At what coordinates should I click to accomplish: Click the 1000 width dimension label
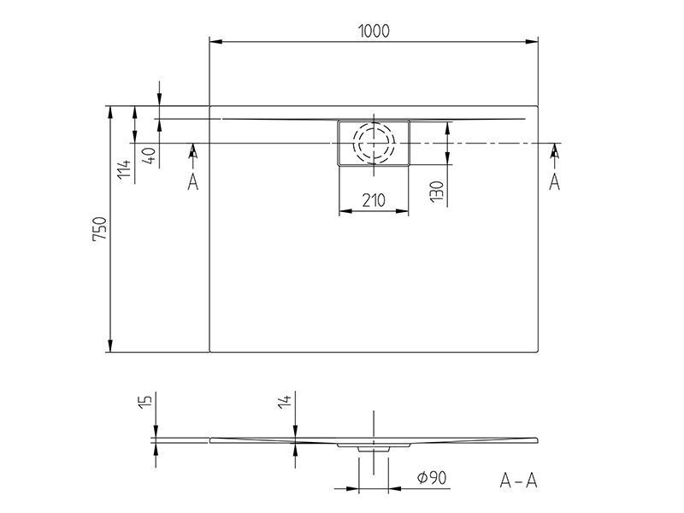(x=374, y=31)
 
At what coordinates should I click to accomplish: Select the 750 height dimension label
(x=99, y=228)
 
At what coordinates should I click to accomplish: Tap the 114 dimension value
(x=124, y=168)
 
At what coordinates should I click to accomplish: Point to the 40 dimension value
(x=149, y=156)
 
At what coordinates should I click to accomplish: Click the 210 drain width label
(x=374, y=200)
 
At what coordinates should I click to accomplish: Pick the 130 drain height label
(x=437, y=192)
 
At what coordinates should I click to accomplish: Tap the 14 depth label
(x=285, y=402)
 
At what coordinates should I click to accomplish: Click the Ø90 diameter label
(x=432, y=478)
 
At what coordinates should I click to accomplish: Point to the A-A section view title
(x=519, y=481)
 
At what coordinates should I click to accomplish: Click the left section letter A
(x=193, y=181)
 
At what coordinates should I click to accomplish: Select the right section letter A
(x=554, y=181)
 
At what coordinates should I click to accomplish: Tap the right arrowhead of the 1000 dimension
(x=531, y=42)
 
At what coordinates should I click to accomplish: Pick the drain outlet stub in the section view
(x=373, y=449)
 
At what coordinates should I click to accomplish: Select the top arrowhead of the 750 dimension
(x=110, y=113)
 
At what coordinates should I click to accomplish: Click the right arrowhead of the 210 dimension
(x=402, y=211)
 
